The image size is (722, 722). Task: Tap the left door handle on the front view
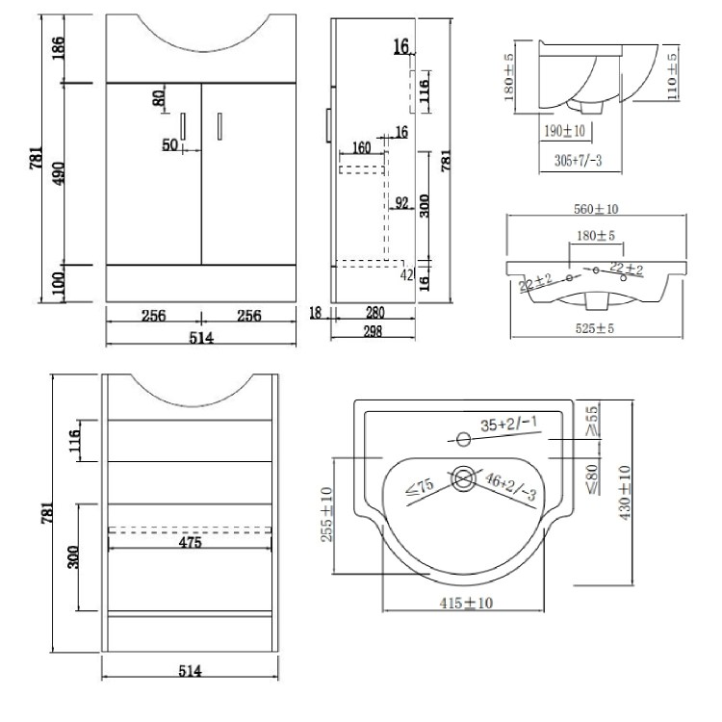click(182, 125)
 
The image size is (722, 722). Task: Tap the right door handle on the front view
click(219, 125)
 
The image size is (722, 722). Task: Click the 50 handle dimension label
click(169, 145)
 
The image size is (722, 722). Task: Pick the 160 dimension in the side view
click(362, 148)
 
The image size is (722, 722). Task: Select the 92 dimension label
click(403, 202)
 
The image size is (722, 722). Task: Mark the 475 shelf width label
click(190, 543)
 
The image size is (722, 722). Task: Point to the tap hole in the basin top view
click(464, 441)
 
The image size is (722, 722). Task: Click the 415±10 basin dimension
click(466, 604)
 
